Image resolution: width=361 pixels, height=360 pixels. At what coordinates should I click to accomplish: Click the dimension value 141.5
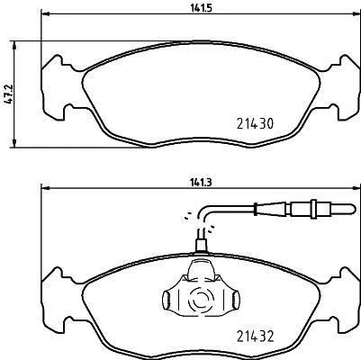click(x=201, y=8)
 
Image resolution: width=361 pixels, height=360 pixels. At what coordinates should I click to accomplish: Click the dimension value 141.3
click(x=201, y=183)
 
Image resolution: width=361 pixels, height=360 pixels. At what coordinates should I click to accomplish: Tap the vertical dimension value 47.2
click(x=8, y=94)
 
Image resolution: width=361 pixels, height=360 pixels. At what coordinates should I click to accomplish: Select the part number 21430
click(x=255, y=123)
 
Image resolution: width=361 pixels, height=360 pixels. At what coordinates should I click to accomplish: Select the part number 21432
click(x=255, y=337)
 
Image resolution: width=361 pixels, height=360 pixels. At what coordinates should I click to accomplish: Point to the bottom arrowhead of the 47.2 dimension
click(x=14, y=143)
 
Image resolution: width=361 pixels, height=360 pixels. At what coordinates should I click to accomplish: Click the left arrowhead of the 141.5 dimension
click(x=45, y=13)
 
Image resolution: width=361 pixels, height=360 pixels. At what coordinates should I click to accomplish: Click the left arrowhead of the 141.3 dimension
click(x=45, y=188)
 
